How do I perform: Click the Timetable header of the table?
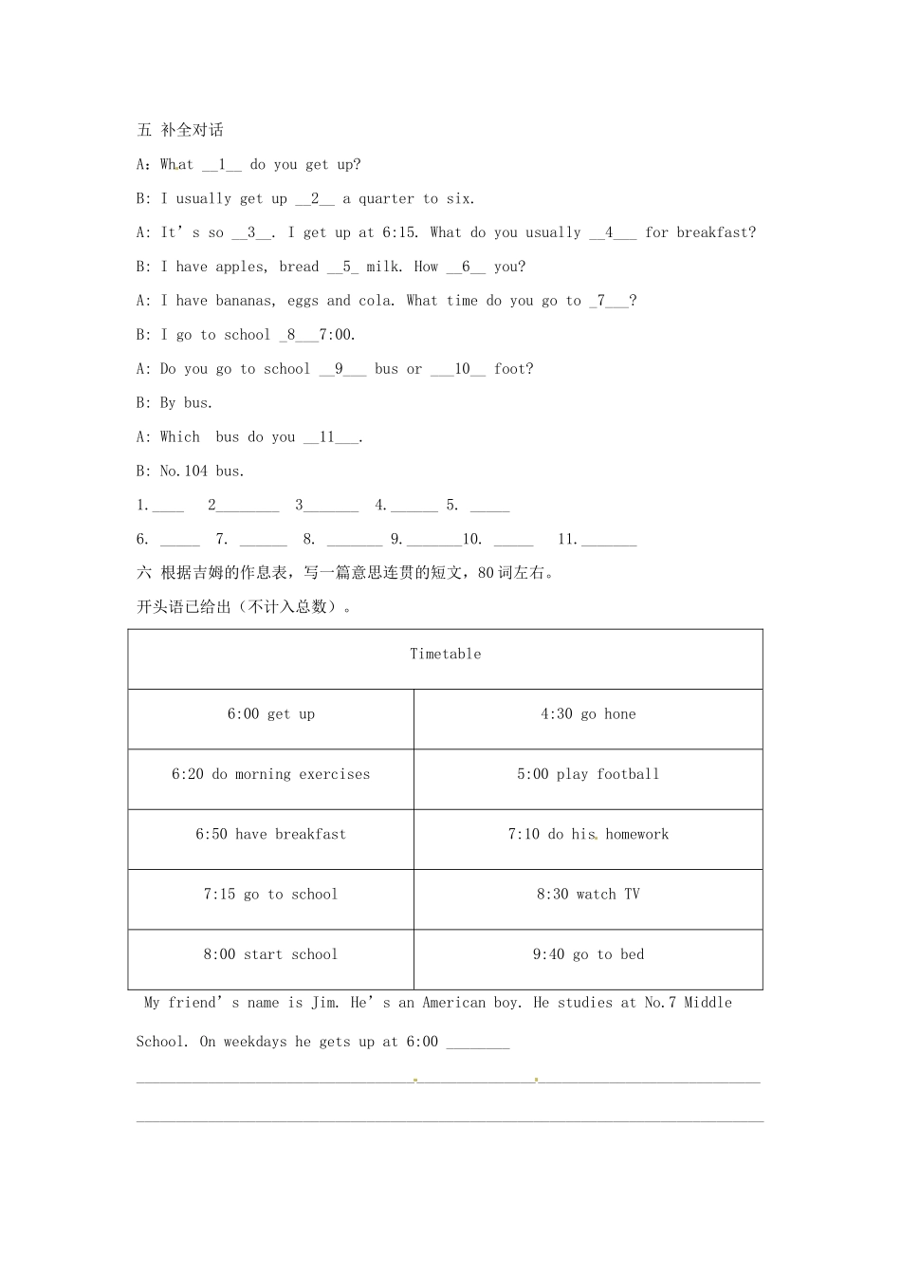pyautogui.click(x=445, y=654)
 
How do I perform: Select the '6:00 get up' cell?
pyautogui.click(x=270, y=714)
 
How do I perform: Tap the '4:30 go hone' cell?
pyautogui.click(x=588, y=714)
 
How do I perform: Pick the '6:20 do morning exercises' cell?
pyautogui.click(x=270, y=774)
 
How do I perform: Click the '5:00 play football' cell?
pyautogui.click(x=588, y=774)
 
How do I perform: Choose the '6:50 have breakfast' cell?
pyautogui.click(x=270, y=834)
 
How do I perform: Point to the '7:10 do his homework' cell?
pyautogui.click(x=588, y=834)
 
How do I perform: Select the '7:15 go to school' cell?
pyautogui.click(x=270, y=895)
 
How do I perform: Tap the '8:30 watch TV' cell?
pyautogui.click(x=588, y=895)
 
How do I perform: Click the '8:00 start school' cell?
pyautogui.click(x=270, y=954)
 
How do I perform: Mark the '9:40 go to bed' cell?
pyautogui.click(x=588, y=954)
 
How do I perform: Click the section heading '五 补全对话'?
pyautogui.click(x=180, y=130)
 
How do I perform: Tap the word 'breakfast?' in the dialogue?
pyautogui.click(x=716, y=232)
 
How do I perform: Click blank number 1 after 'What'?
pyautogui.click(x=222, y=165)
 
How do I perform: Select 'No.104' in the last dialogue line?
pyautogui.click(x=184, y=471)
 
